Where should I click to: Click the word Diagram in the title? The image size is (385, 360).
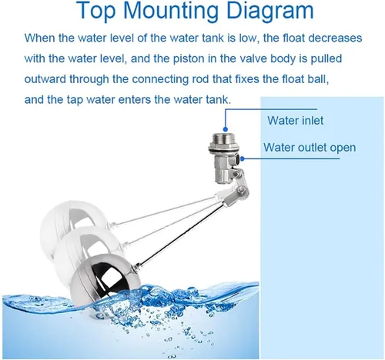click(x=270, y=11)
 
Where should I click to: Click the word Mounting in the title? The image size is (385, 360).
click(x=172, y=11)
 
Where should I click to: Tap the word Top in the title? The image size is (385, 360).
click(x=96, y=11)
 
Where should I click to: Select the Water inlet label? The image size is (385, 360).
click(x=296, y=121)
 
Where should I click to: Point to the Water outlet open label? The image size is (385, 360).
click(x=310, y=148)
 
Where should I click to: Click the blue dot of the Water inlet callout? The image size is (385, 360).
click(x=226, y=129)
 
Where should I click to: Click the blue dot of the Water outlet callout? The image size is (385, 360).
click(x=243, y=159)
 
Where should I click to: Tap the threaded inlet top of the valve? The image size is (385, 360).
click(x=223, y=141)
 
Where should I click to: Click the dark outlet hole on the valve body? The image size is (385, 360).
click(x=238, y=159)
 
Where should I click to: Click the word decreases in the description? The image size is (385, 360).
click(x=335, y=38)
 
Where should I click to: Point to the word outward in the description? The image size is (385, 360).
click(x=45, y=79)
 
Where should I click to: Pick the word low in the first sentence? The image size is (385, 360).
click(x=247, y=38)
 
